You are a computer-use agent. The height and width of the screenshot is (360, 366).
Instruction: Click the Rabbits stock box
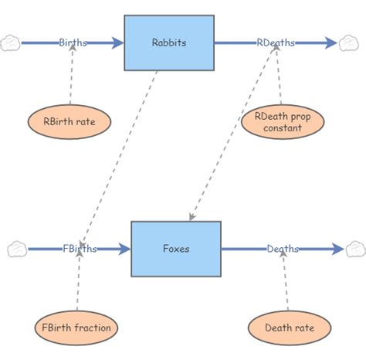[x=169, y=42]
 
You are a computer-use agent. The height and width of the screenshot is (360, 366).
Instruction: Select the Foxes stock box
[x=175, y=249]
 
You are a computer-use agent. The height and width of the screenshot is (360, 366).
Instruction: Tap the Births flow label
[x=73, y=42]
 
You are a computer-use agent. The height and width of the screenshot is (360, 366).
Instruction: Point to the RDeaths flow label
[x=276, y=42]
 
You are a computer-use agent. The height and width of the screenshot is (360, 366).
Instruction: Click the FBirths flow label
[x=80, y=249]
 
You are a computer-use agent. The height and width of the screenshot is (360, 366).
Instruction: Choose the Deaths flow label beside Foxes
[x=283, y=249]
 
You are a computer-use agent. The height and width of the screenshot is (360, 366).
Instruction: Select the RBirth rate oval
[x=69, y=121]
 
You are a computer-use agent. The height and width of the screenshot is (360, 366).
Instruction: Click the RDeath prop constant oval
[x=283, y=121]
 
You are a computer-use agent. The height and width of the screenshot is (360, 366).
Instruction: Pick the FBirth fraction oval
[x=76, y=328]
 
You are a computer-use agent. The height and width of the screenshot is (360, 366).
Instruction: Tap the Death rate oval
[x=290, y=328]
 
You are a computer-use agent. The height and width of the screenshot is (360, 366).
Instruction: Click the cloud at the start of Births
[x=11, y=42]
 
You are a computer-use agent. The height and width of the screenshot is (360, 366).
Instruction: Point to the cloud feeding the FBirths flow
[x=17, y=249]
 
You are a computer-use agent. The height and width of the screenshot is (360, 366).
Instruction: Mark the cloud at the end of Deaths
[x=355, y=249]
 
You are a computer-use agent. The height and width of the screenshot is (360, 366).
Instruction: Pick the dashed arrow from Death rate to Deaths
[x=286, y=282]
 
